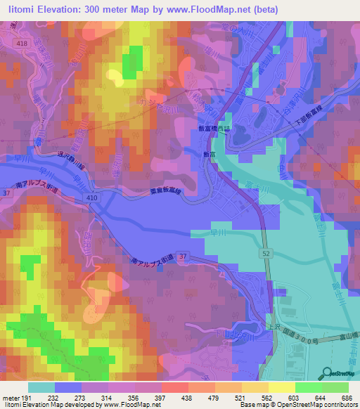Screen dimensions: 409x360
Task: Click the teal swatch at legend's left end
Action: (x=41, y=387)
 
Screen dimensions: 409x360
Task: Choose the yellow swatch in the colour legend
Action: (x=281, y=387)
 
